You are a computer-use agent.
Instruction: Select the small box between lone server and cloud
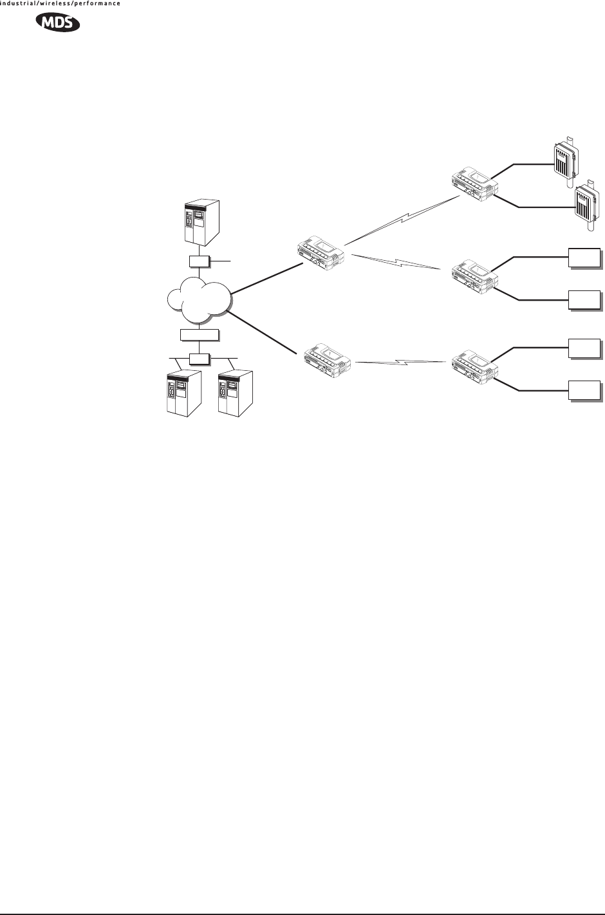pyautogui.click(x=199, y=261)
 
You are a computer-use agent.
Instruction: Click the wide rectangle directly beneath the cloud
pyautogui.click(x=200, y=334)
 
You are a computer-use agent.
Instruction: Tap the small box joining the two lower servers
pyautogui.click(x=200, y=358)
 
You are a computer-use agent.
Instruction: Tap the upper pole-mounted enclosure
pyautogui.click(x=565, y=158)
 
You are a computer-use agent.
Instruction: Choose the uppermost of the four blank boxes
pyautogui.click(x=584, y=257)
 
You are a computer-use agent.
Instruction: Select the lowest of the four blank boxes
pyautogui.click(x=584, y=390)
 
